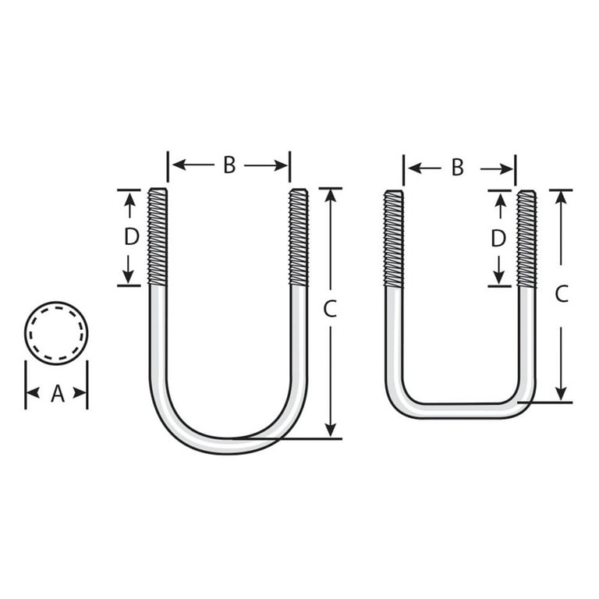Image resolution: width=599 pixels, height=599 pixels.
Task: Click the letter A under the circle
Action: (57, 395)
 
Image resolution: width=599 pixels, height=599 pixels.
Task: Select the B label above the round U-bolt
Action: (229, 165)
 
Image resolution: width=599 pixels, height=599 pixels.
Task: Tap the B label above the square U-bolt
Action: (458, 168)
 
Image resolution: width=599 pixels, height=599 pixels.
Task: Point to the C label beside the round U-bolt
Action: (330, 309)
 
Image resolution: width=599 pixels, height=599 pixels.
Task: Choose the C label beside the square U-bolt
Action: (561, 294)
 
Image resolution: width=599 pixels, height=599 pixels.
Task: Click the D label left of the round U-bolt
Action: (131, 237)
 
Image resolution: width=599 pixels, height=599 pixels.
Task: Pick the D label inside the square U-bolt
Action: (498, 239)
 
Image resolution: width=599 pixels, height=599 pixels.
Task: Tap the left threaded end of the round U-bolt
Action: (158, 236)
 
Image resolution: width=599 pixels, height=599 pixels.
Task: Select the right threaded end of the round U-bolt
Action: (299, 236)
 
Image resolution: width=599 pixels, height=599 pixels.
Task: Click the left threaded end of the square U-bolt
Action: (394, 238)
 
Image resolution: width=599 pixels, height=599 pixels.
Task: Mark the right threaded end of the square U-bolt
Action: (526, 238)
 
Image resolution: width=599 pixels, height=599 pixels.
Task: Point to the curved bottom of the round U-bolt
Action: (228, 444)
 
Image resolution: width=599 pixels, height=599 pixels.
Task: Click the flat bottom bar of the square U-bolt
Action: (460, 410)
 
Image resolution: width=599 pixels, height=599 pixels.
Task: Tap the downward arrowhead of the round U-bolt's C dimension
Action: (331, 430)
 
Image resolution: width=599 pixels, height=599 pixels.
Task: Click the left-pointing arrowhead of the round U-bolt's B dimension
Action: (175, 165)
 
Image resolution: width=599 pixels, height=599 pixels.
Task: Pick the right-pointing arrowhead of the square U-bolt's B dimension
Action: (508, 168)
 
